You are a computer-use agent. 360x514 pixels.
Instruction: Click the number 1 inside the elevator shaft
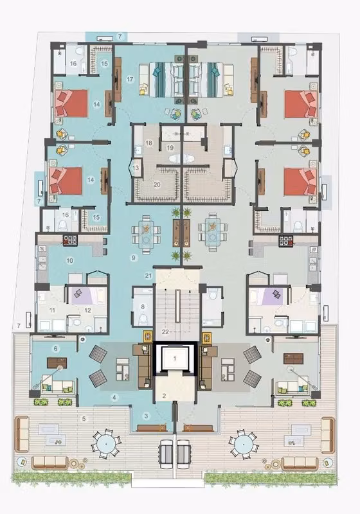(x=175, y=359)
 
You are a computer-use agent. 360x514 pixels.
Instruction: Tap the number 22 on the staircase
(x=165, y=332)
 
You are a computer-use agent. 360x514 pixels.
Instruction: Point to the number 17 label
(x=130, y=79)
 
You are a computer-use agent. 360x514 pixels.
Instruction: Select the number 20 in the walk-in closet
(x=157, y=184)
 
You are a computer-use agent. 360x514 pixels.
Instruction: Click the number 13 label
(x=136, y=168)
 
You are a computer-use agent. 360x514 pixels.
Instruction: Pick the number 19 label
(x=170, y=148)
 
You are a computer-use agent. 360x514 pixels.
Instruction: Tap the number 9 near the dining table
(x=134, y=258)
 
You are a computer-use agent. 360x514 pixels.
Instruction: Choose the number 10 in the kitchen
(x=69, y=261)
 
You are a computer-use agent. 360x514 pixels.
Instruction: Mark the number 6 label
(x=55, y=348)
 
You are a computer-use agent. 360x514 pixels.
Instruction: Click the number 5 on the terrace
(x=84, y=419)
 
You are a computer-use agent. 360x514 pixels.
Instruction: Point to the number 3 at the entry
(x=146, y=416)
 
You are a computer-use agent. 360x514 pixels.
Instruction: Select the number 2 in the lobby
(x=165, y=396)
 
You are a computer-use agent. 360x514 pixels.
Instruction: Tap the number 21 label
(x=148, y=276)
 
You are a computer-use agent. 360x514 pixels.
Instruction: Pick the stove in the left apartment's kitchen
(x=70, y=240)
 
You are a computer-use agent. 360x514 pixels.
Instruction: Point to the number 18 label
(x=149, y=143)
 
